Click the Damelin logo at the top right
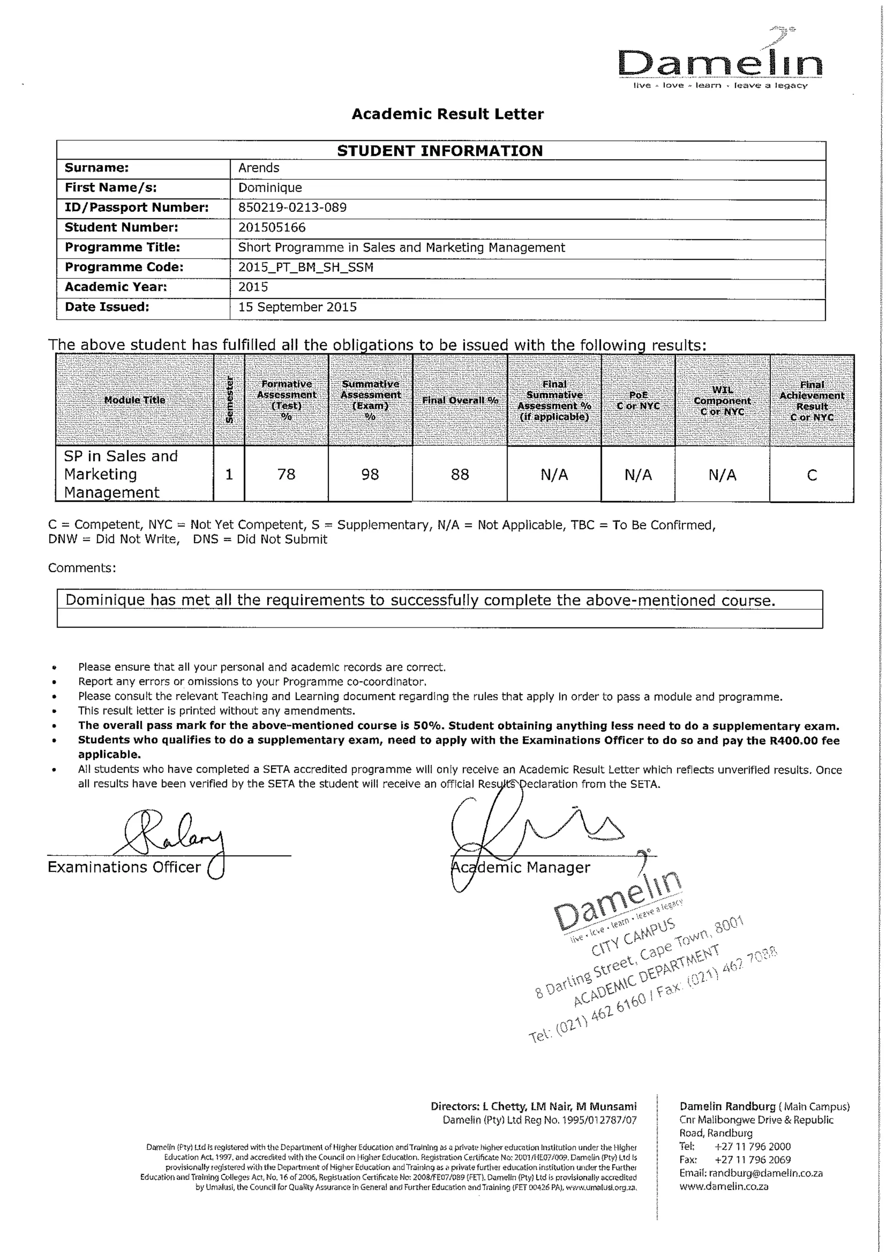720,64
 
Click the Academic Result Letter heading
447,114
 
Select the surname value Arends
259,168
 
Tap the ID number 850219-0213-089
292,208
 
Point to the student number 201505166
272,227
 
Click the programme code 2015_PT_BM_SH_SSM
305,267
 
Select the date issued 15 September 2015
297,307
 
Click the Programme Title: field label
122,248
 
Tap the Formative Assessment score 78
286,474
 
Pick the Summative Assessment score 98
370,474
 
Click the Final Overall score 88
460,474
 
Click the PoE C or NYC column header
638,401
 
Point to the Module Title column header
135,400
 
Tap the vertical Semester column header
229,400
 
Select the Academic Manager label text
521,868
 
